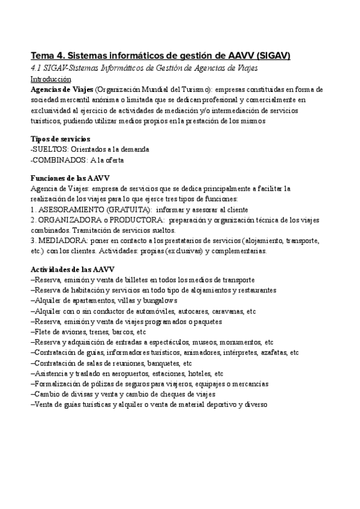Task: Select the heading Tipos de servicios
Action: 61,139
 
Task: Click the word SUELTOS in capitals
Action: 50,149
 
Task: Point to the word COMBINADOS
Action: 58,160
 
